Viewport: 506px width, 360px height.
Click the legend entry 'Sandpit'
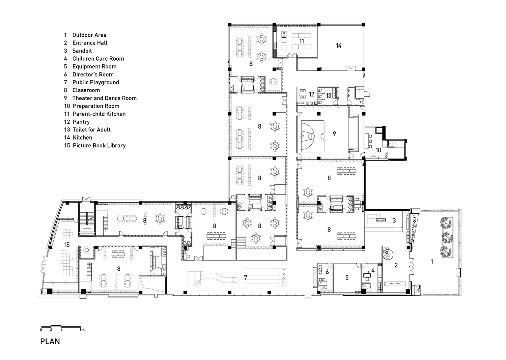tap(82, 51)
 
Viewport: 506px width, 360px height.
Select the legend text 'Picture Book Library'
tap(99, 146)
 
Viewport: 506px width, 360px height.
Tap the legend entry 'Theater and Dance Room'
tap(104, 98)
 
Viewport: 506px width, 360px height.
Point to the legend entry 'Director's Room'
tap(93, 74)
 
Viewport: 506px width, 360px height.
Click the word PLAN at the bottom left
tap(50, 341)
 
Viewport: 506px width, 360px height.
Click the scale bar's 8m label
tap(82, 330)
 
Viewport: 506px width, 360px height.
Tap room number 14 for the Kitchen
tap(339, 46)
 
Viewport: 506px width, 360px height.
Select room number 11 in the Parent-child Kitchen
tap(302, 41)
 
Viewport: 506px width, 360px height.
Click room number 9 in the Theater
tap(334, 134)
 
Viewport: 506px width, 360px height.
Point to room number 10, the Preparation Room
tap(378, 150)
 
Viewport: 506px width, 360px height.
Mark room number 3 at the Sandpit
tap(394, 220)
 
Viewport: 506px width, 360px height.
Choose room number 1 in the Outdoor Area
tap(431, 261)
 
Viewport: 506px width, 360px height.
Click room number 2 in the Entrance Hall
tap(396, 265)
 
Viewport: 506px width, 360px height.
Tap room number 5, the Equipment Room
tap(347, 278)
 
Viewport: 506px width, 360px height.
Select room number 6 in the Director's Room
tap(327, 272)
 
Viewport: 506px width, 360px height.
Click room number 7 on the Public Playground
tap(246, 278)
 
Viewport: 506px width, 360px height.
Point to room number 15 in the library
tap(67, 245)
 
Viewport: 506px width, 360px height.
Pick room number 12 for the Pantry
tap(311, 94)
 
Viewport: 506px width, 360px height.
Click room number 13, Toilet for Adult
tap(328, 96)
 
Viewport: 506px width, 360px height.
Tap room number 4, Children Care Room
tap(372, 270)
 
